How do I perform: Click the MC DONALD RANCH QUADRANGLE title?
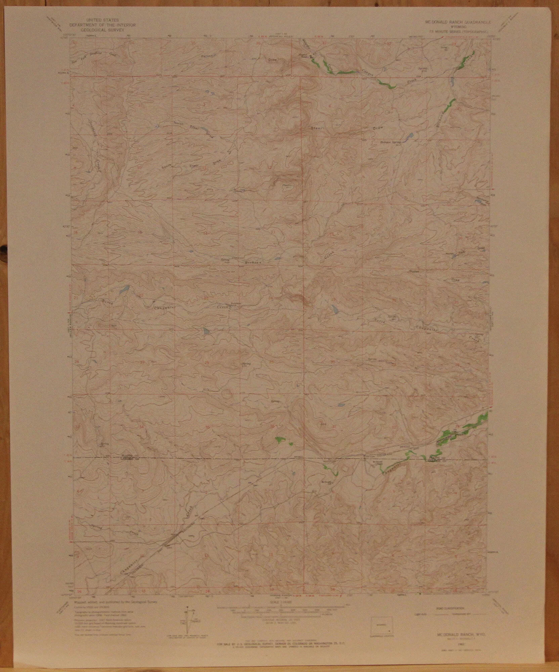click(x=457, y=21)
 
